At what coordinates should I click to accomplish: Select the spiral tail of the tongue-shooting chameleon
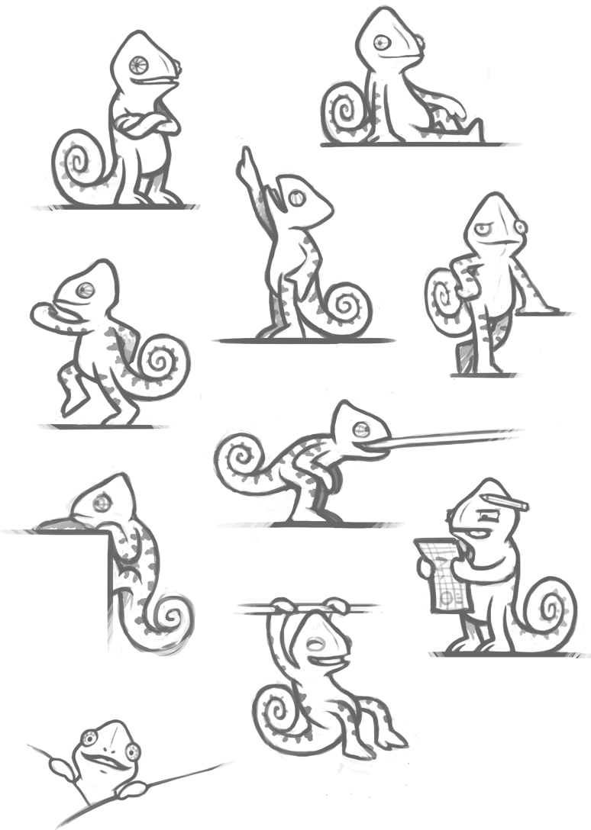click(x=244, y=457)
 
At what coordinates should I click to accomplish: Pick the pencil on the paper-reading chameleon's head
click(x=505, y=501)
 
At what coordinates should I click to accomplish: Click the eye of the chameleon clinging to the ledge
click(x=102, y=502)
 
